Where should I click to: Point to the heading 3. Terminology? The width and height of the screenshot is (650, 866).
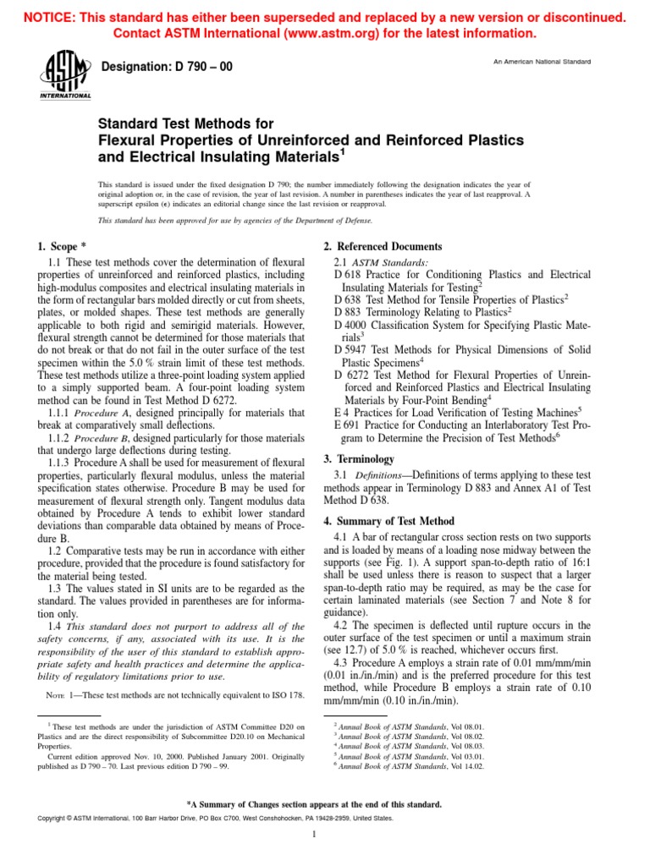360,458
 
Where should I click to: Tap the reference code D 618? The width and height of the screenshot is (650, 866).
350,275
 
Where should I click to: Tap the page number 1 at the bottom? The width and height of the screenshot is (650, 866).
314,836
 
